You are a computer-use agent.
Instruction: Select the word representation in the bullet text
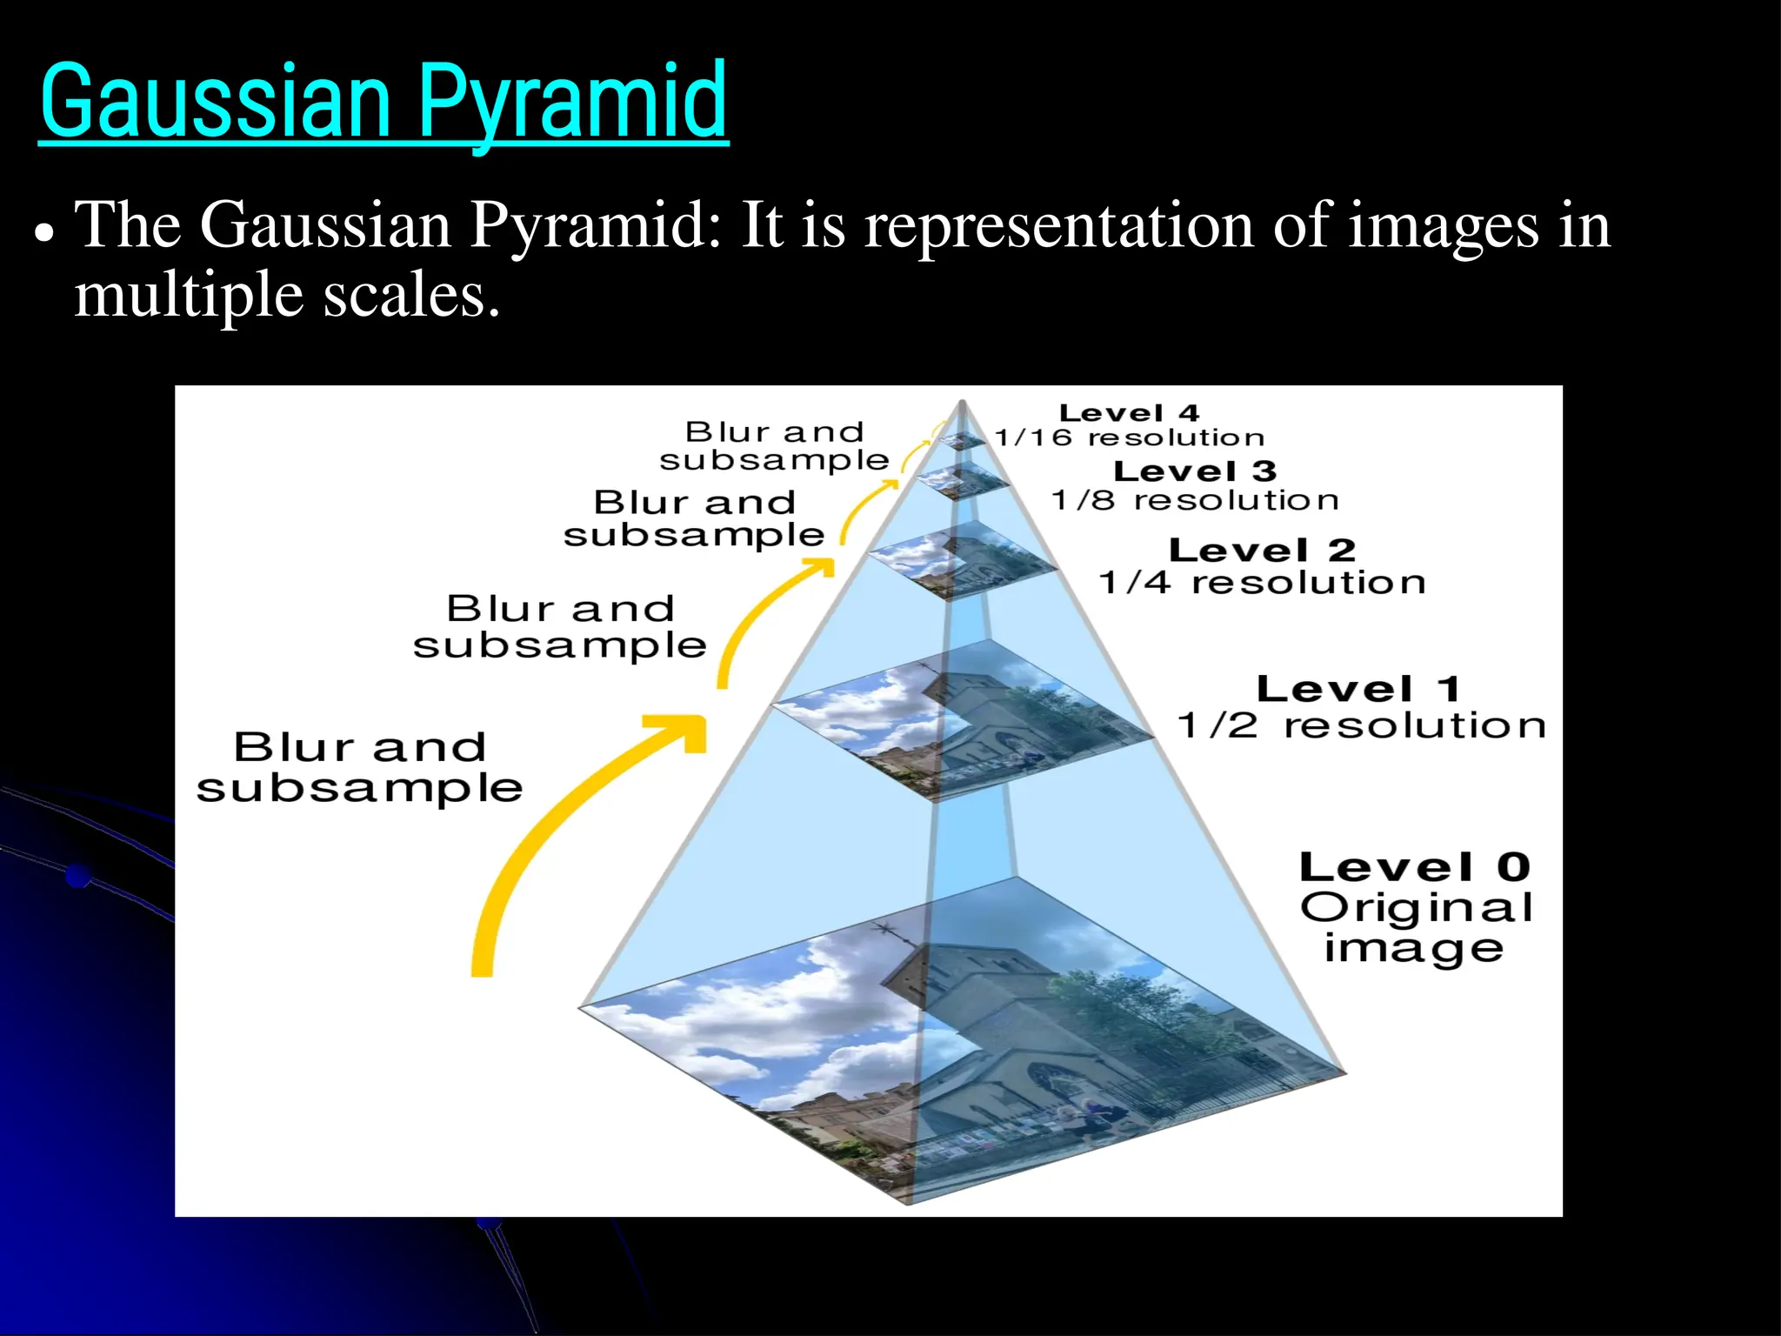coord(1059,226)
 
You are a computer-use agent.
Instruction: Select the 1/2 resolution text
coord(1362,725)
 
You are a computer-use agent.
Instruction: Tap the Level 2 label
coord(1262,551)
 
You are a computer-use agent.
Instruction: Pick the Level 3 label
coord(1195,471)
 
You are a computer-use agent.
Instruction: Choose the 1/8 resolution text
coord(1195,500)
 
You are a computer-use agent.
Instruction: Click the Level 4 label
coord(1129,413)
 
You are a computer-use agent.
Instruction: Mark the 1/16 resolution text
coord(1129,438)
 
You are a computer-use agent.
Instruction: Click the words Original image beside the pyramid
coord(1416,928)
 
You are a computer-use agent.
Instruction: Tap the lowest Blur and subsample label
coord(359,767)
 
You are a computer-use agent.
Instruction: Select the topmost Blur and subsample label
coord(774,445)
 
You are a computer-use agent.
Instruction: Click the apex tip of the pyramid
coord(962,402)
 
